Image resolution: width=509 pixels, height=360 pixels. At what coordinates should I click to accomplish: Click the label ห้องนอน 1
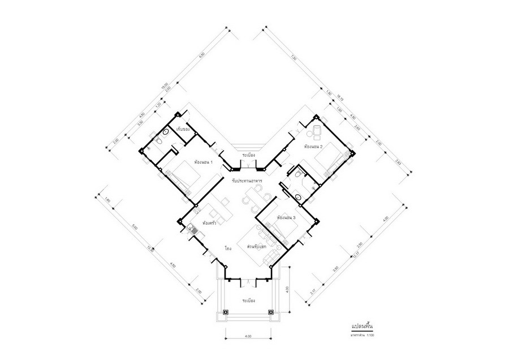point(203,162)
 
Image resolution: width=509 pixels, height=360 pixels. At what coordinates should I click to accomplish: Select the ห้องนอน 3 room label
point(287,217)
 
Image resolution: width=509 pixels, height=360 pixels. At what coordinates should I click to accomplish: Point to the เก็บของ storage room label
point(183,130)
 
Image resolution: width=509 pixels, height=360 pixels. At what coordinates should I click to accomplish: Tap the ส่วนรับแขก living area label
point(257,247)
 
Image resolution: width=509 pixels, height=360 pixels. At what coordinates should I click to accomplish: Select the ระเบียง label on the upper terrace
point(249,154)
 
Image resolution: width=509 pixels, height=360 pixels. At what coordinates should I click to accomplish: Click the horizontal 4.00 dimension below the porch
point(248,336)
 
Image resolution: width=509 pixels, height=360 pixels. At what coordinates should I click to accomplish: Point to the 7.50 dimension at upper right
point(293,58)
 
